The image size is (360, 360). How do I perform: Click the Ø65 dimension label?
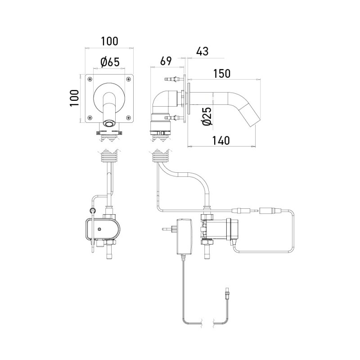[x=110, y=62]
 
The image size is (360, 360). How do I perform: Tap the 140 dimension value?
[x=220, y=140]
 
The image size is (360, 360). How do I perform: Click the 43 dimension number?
[x=202, y=52]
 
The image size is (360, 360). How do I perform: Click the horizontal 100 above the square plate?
[x=109, y=41]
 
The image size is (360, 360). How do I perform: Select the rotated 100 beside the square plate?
[x=75, y=98]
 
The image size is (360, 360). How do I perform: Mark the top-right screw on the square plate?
[x=128, y=80]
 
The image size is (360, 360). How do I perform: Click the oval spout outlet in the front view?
[x=109, y=123]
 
